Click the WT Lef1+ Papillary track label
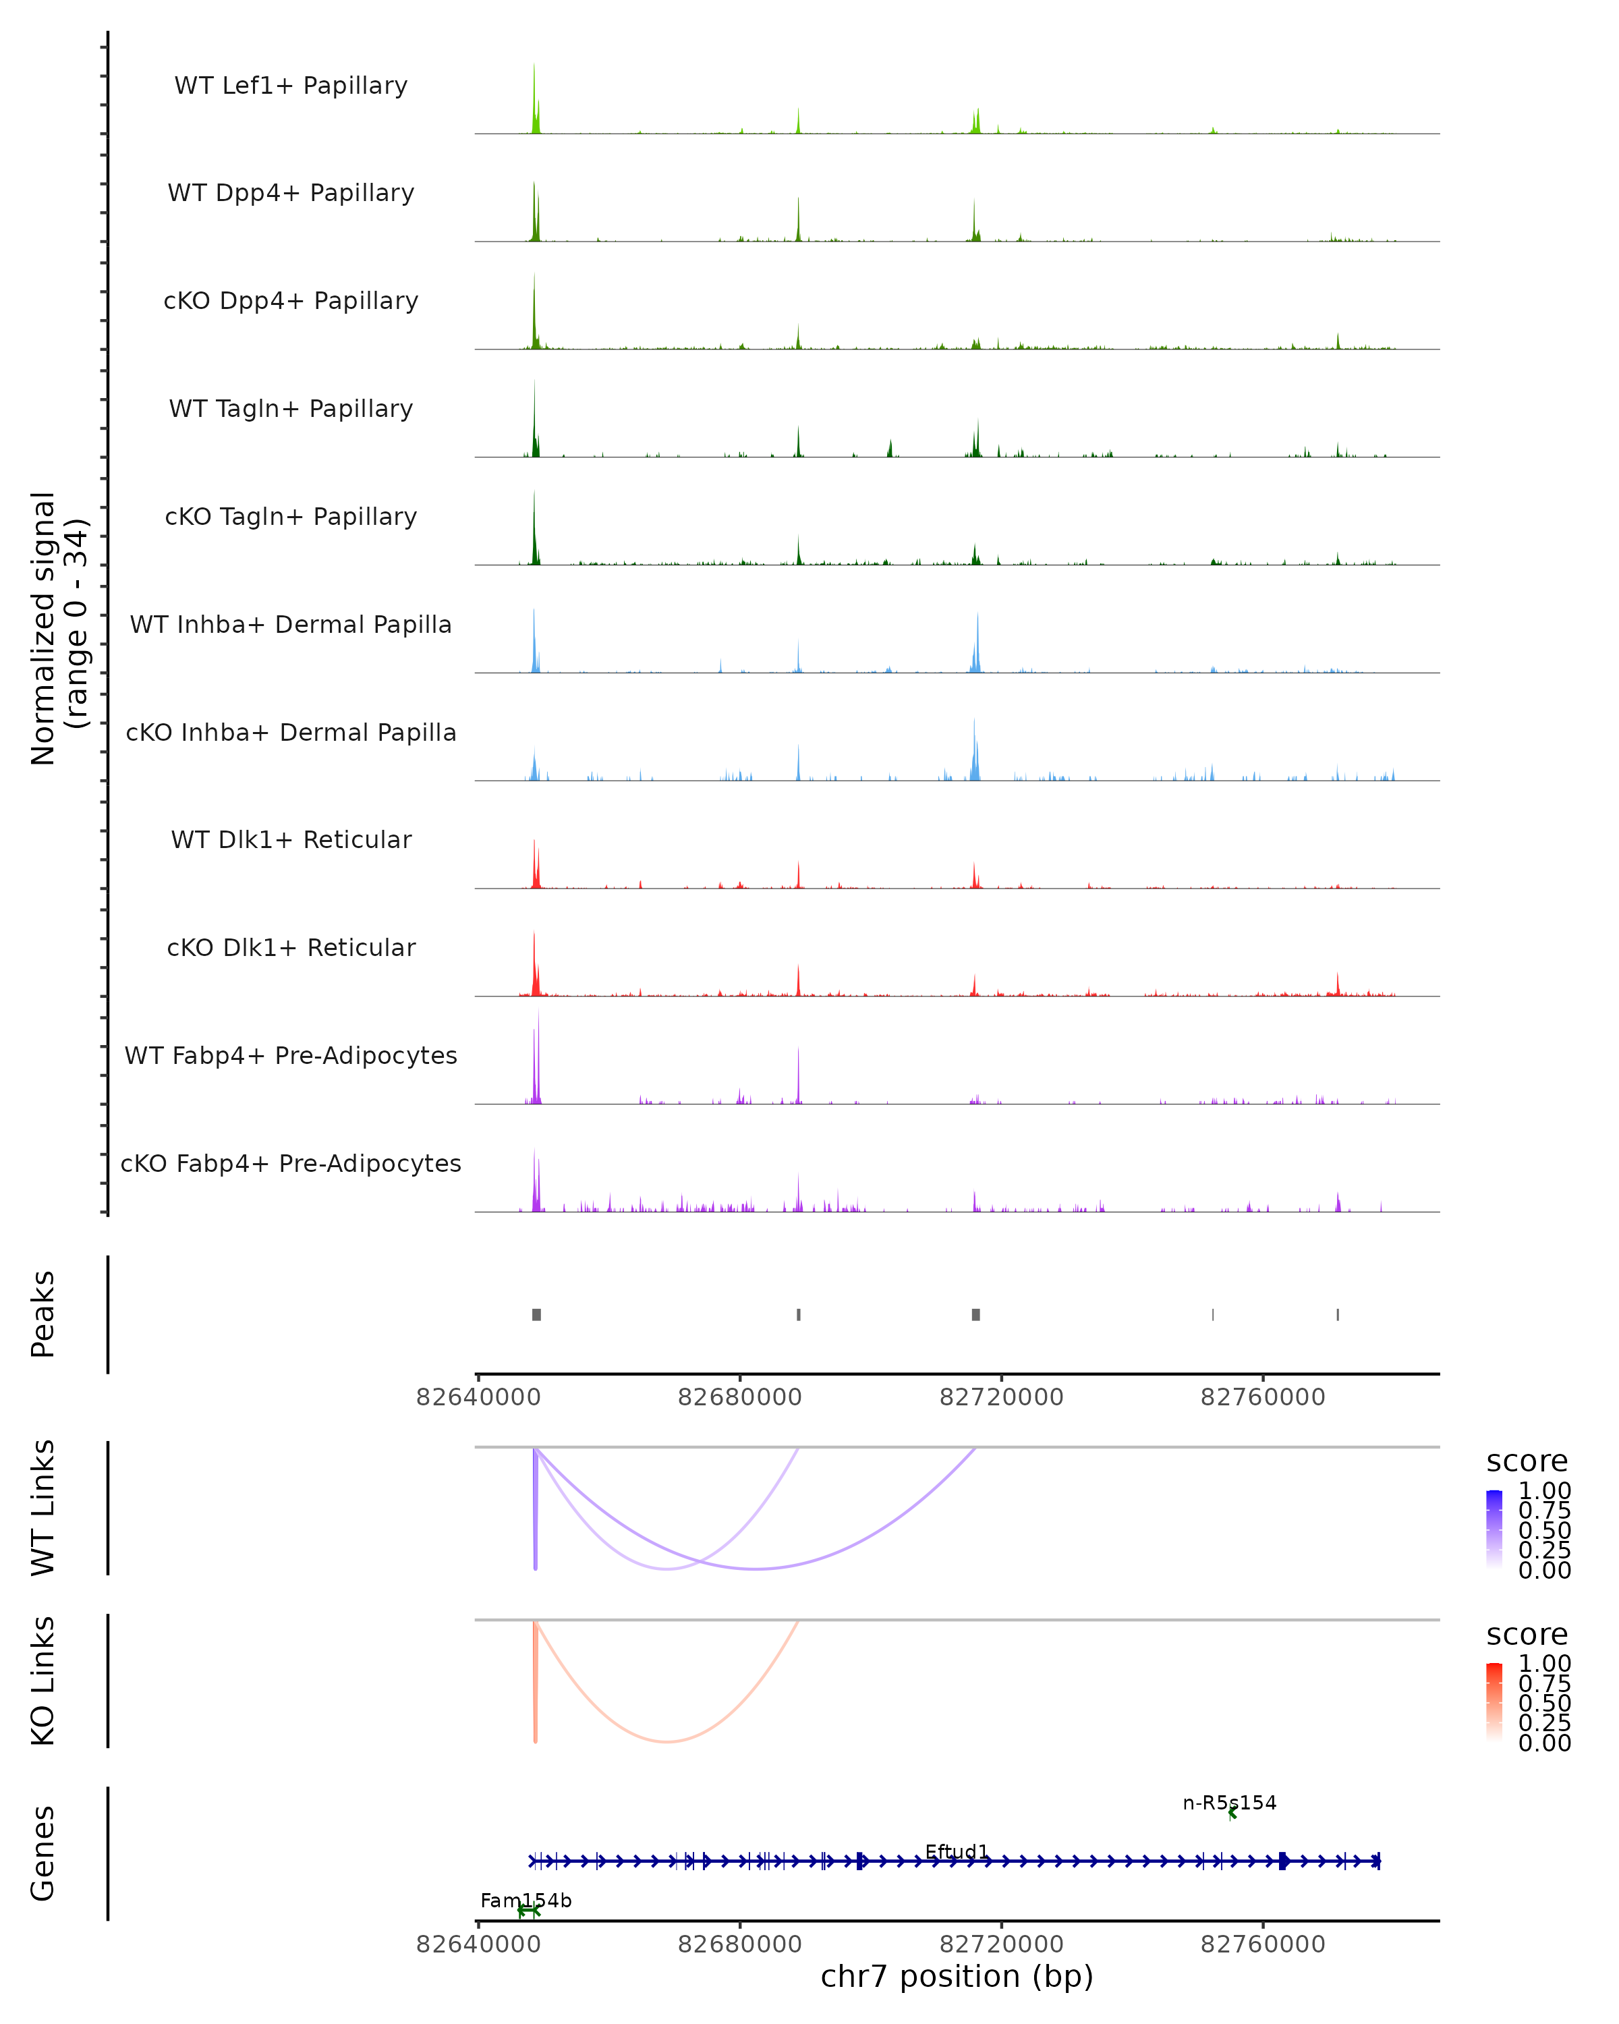click(291, 86)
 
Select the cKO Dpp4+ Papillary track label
click(291, 300)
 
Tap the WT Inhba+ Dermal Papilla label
click(291, 624)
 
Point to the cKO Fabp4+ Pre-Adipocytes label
click(291, 1163)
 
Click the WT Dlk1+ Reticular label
click(291, 839)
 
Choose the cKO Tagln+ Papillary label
click(291, 516)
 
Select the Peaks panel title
click(43, 1314)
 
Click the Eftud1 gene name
click(957, 1851)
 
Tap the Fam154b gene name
click(526, 1900)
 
